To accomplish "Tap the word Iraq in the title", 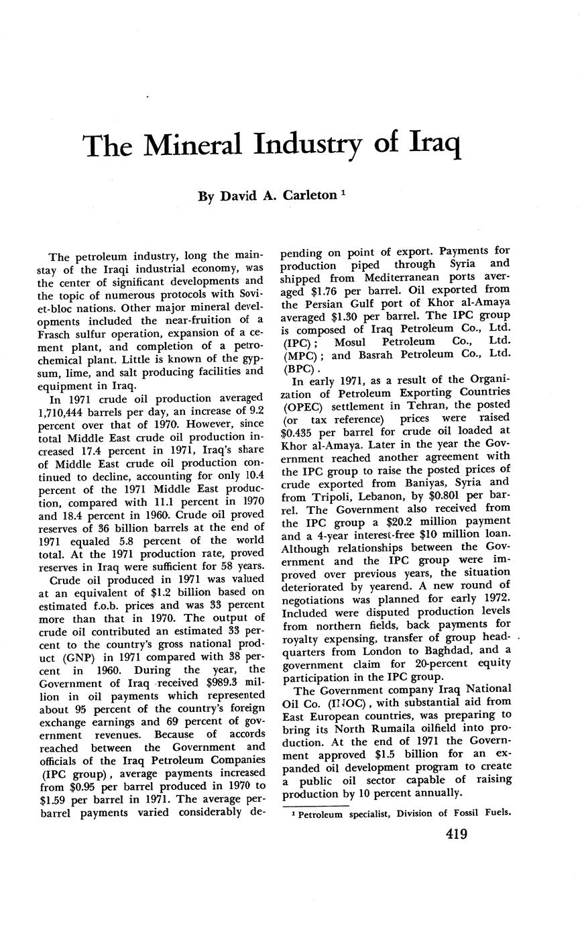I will pyautogui.click(x=426, y=144).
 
